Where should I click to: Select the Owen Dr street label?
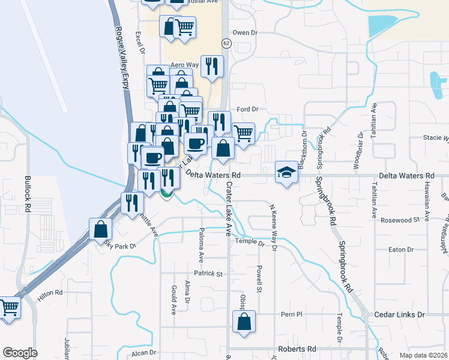244,32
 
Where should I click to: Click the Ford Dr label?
247,109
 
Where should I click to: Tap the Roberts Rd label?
297,349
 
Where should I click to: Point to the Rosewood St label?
400,220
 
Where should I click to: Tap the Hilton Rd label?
50,293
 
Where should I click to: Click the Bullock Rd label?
28,194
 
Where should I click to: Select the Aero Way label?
184,65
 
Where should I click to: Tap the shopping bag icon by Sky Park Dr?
100,229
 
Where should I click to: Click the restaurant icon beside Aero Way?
211,67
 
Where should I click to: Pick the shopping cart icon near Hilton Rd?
9,308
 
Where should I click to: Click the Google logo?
20,353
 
